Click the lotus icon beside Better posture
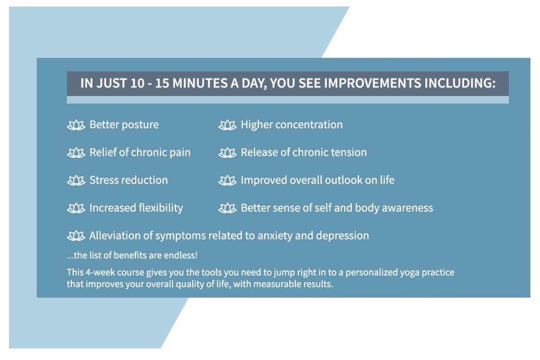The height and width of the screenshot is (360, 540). tap(76, 125)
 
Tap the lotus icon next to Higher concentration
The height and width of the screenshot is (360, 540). tap(227, 125)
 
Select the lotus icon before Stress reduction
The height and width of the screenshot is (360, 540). tap(76, 181)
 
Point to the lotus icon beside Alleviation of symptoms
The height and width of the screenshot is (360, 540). tap(76, 236)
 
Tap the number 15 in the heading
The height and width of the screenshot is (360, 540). tap(162, 83)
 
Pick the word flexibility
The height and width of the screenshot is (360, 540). tap(160, 208)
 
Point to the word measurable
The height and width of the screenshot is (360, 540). tap(277, 284)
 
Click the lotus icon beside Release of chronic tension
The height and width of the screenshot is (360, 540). tap(227, 153)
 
